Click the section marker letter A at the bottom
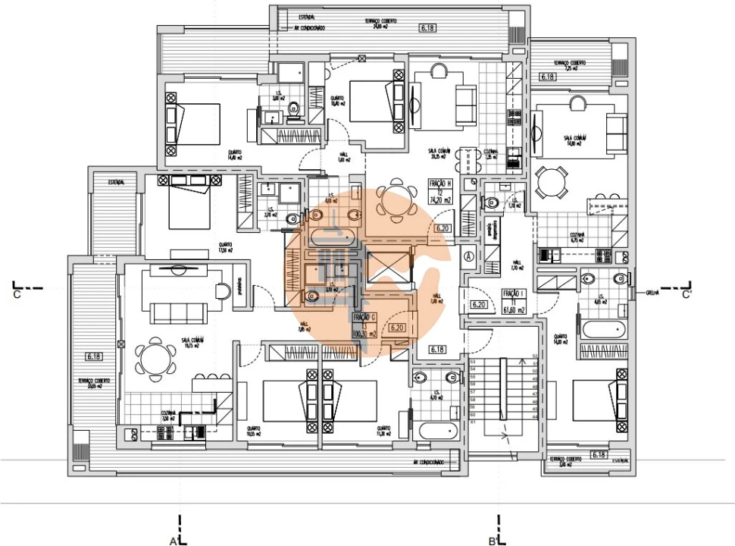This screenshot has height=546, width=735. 174,541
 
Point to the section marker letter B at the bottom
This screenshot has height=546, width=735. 492,541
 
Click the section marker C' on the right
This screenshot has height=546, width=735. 687,294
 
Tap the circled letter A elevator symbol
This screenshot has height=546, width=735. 470,256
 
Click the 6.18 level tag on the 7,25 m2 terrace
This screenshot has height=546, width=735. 548,77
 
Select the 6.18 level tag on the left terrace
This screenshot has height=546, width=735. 94,356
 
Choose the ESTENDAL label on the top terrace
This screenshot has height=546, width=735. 307,17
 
